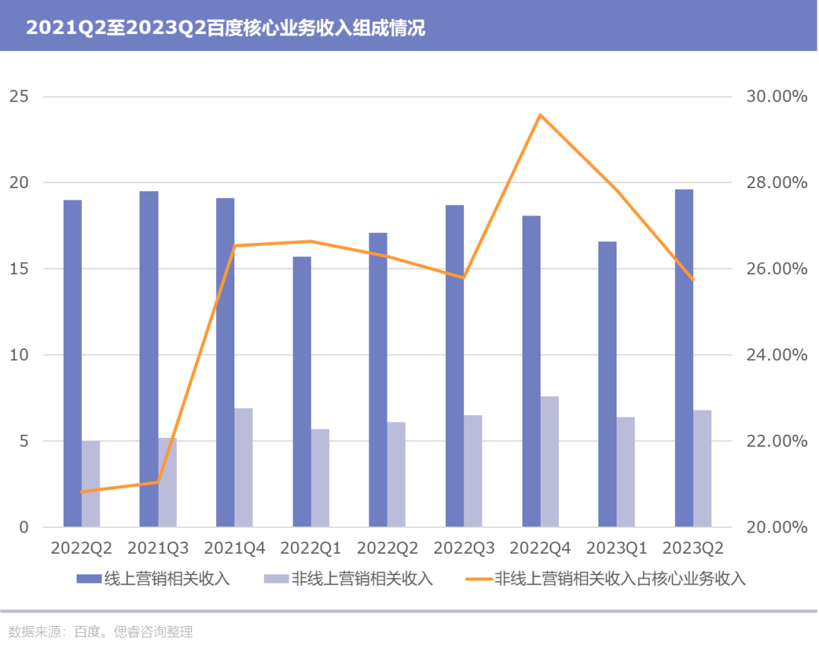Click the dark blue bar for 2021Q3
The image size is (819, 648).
tap(149, 359)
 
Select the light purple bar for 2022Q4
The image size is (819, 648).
tap(550, 461)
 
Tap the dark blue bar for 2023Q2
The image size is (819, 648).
tap(684, 358)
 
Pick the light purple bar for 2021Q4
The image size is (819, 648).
tap(243, 467)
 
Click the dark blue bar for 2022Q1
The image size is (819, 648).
tap(302, 392)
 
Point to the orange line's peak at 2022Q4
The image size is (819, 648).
tap(541, 115)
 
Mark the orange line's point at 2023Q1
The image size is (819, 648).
tap(617, 190)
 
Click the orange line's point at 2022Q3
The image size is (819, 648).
tap(464, 278)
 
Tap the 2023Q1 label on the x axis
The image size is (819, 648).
tap(617, 548)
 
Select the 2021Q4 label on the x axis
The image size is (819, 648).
tap(234, 548)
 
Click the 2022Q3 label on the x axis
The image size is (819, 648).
tap(464, 548)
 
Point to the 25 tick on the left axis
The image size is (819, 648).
tap(19, 96)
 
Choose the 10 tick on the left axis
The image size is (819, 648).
tap(19, 355)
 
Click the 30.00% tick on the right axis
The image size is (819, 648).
tap(777, 96)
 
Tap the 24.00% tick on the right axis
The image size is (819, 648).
tap(777, 355)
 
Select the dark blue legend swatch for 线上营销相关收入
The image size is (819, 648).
tap(89, 578)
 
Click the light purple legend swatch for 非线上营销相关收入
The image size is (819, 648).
tap(276, 578)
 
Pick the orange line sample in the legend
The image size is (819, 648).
tap(479, 579)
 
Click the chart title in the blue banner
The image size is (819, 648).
tap(226, 28)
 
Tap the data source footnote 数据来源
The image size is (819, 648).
tap(101, 632)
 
